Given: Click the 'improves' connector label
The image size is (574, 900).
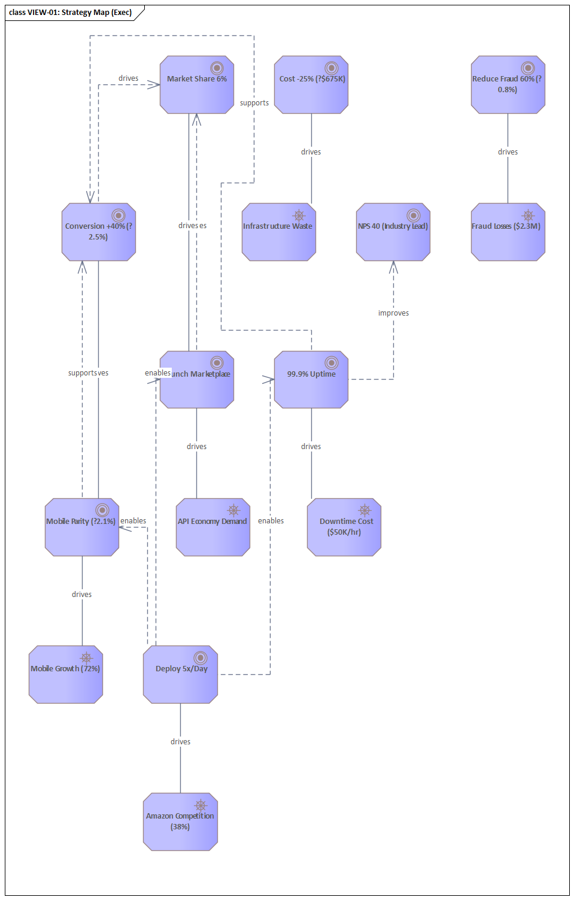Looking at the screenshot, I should coord(393,313).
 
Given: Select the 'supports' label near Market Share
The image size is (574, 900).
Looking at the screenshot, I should coord(254,103).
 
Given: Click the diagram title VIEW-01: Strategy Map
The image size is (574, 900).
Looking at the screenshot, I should coord(71,13).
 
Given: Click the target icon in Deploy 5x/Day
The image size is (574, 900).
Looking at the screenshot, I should coord(201,658).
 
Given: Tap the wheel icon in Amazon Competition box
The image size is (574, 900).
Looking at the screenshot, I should coord(201,805).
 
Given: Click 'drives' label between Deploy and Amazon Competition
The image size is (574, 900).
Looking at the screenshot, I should coord(180,742).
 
